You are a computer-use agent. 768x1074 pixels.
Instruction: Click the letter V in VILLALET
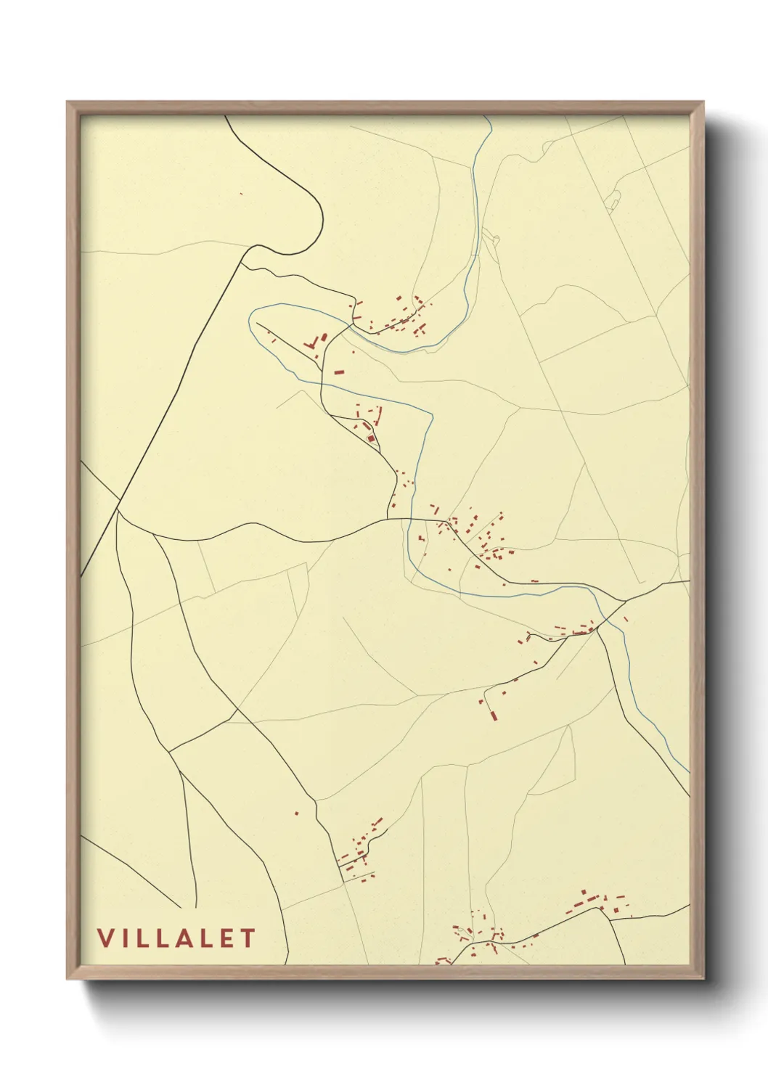pyautogui.click(x=105, y=938)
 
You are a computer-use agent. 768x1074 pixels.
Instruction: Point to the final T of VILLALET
pyautogui.click(x=248, y=938)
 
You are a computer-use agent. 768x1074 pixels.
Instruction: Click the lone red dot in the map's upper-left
pyautogui.click(x=240, y=193)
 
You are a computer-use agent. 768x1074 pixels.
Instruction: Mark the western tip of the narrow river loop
pyautogui.click(x=250, y=319)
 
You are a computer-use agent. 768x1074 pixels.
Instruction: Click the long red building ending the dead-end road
pyautogui.click(x=494, y=716)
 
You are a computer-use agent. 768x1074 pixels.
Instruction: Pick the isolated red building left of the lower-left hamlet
pyautogui.click(x=296, y=813)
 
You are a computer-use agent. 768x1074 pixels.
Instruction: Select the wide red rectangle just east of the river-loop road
pyautogui.click(x=338, y=372)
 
